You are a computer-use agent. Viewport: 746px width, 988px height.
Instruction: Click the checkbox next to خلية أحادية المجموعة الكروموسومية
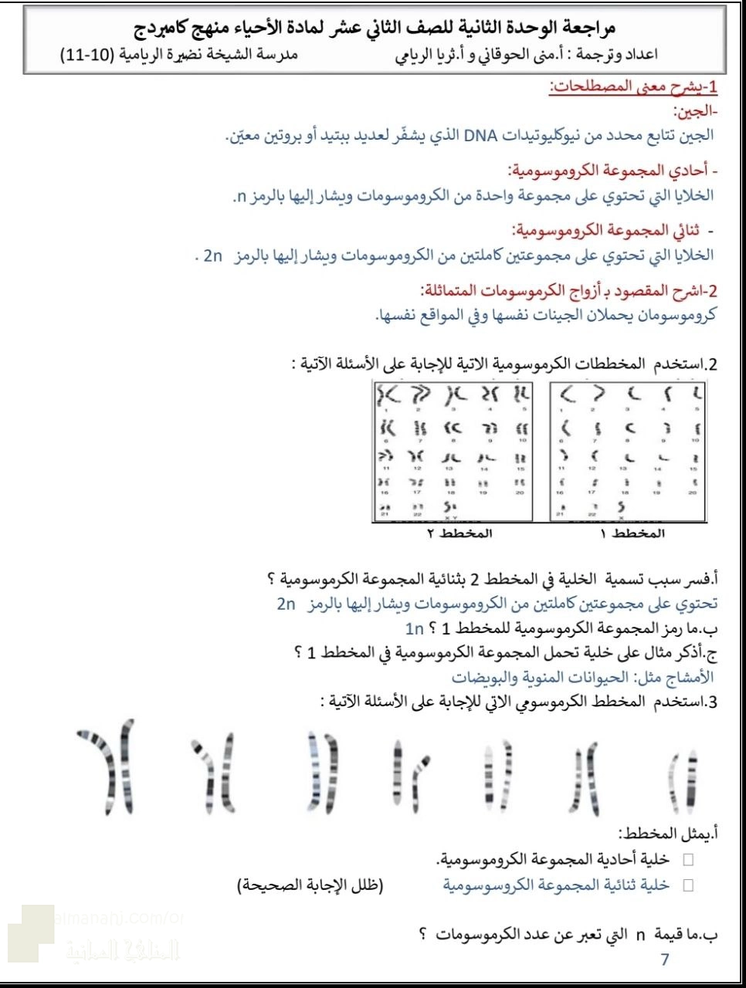point(688,860)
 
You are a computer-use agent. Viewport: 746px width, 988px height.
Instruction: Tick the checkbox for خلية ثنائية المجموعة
point(688,885)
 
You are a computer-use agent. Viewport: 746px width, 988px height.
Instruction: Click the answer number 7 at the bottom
point(665,959)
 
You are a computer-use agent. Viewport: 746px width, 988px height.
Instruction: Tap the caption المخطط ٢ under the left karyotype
point(459,533)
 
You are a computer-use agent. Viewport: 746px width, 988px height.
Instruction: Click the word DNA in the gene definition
point(483,136)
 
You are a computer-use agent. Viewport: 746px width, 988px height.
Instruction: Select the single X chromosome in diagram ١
point(621,506)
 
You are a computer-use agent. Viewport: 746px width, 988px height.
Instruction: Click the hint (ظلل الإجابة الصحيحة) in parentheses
point(310,885)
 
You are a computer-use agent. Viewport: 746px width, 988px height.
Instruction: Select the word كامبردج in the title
point(174,29)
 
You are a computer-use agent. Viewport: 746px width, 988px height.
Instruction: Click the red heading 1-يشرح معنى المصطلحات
point(633,87)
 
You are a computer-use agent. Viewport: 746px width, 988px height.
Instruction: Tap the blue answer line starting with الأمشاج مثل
point(583,677)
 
